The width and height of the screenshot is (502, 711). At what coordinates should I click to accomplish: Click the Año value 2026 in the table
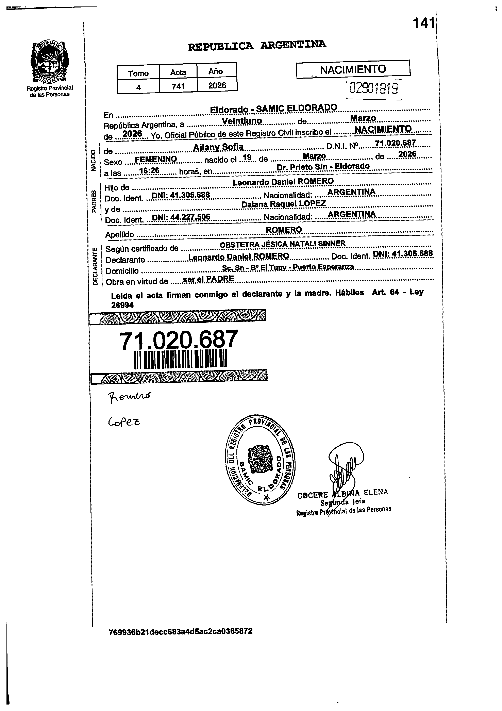click(x=217, y=85)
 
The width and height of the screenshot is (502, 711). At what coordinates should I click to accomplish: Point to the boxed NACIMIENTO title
click(x=353, y=69)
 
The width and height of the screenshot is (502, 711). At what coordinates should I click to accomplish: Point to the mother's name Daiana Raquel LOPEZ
click(x=283, y=204)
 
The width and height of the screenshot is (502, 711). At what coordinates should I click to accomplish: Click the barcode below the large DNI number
click(x=181, y=359)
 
